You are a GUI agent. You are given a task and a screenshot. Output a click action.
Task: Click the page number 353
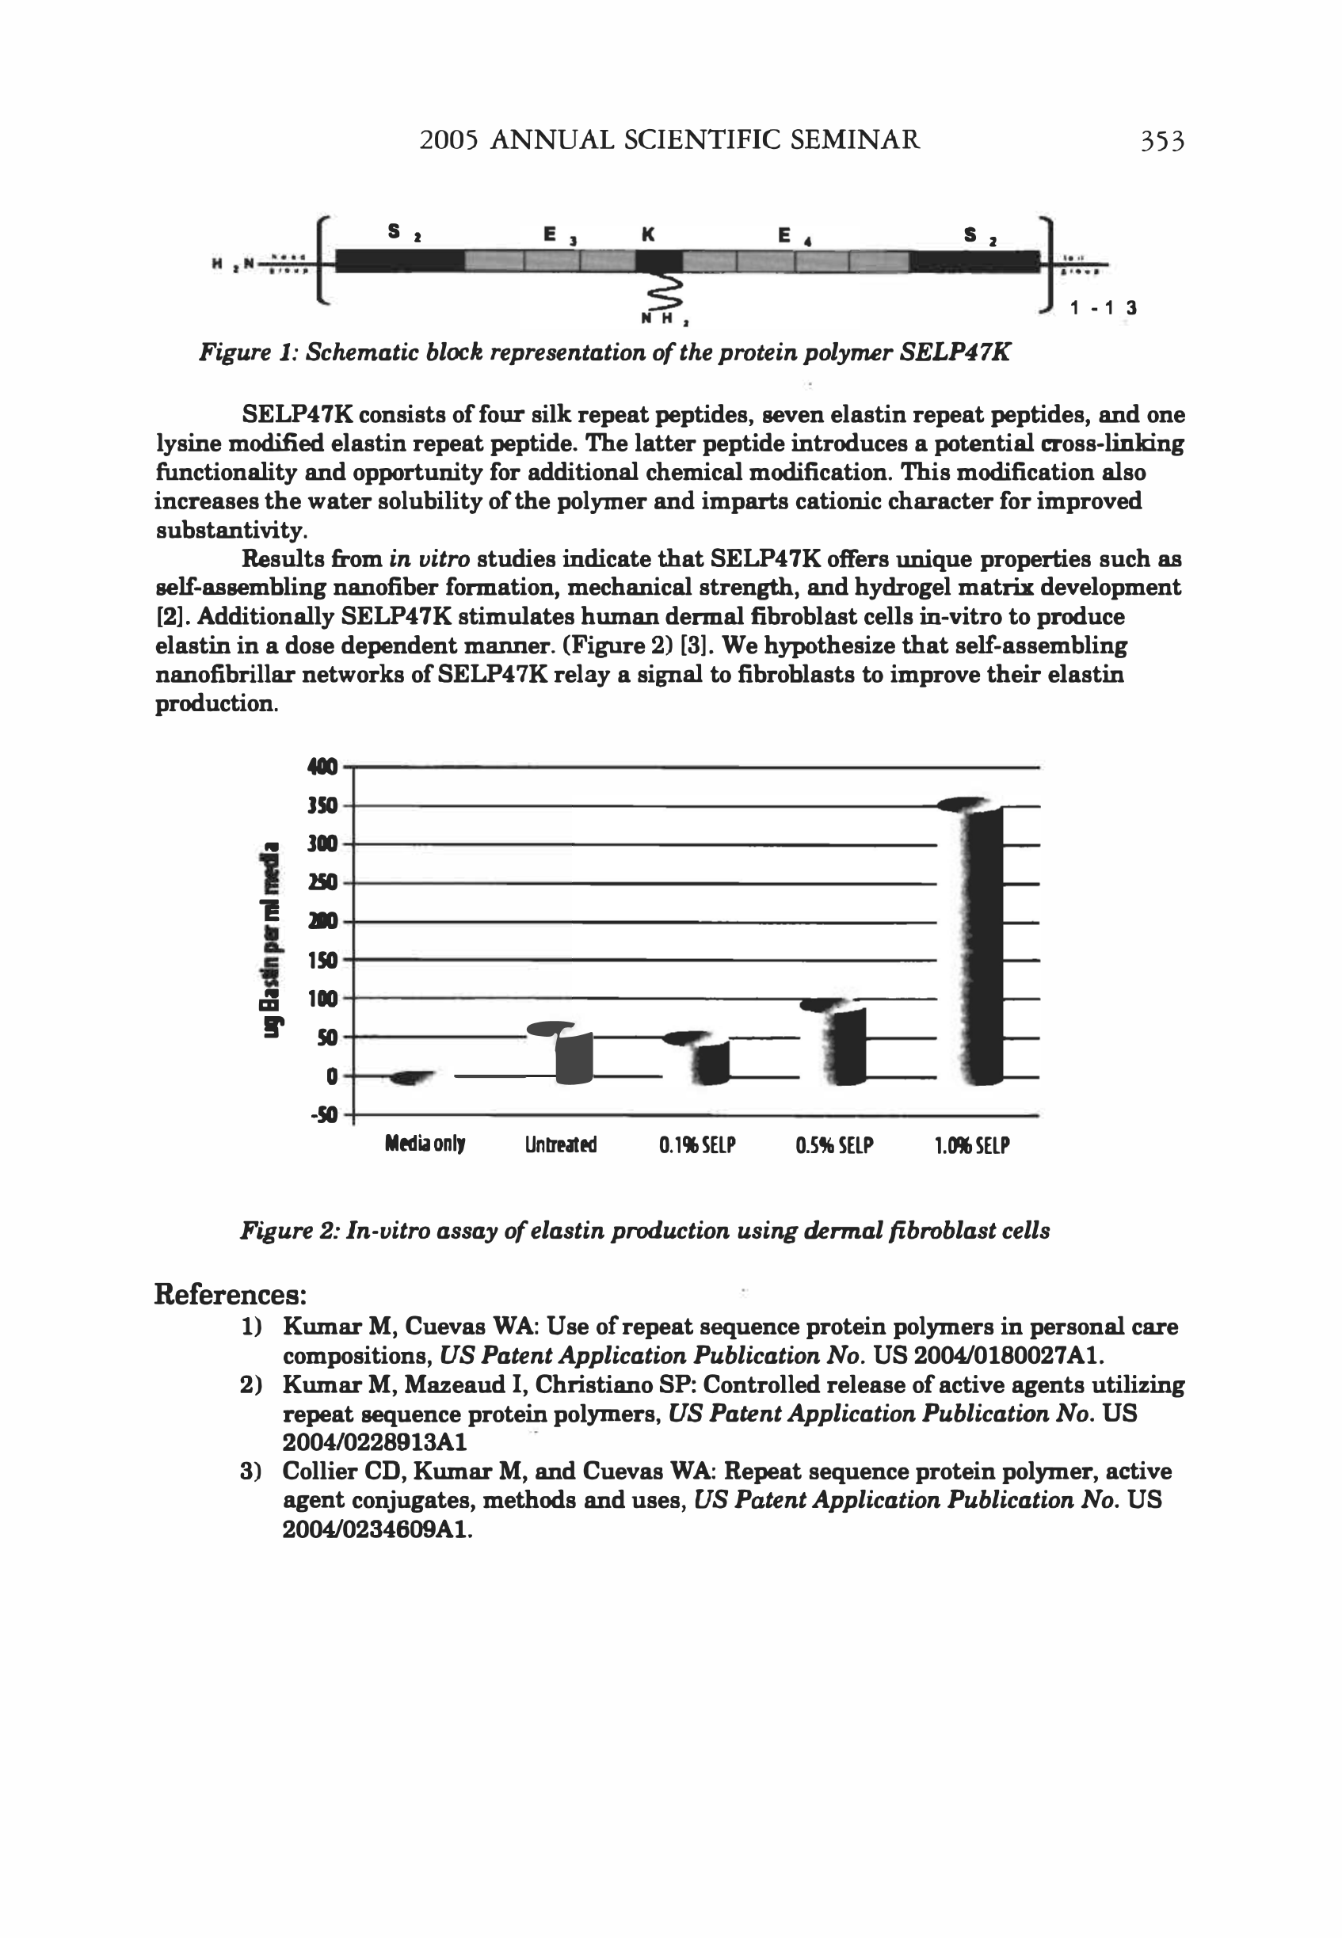coord(1161,140)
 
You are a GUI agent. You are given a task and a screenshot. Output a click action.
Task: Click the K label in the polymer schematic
coord(647,234)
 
